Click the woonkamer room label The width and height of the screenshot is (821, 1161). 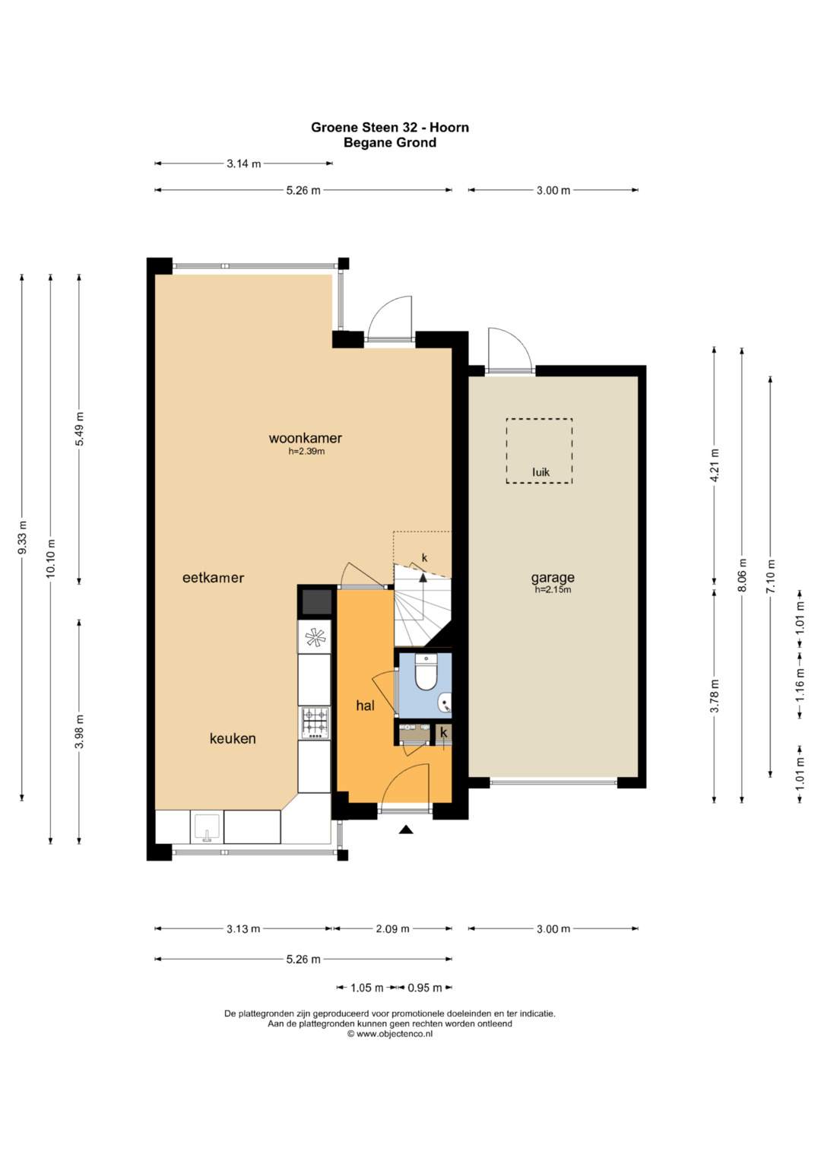306,438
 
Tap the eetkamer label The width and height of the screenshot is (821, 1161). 213,577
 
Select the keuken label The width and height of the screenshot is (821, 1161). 233,738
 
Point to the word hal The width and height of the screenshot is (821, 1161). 365,705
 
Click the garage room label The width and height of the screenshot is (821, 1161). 553,577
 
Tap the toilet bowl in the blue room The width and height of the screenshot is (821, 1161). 426,672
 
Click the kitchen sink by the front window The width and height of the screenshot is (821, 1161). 207,828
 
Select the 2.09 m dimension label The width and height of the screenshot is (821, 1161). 392,929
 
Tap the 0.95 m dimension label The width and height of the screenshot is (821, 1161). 424,988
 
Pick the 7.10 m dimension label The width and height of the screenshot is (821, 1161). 771,576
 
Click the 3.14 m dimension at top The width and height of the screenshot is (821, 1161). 243,163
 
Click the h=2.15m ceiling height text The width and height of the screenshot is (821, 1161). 553,590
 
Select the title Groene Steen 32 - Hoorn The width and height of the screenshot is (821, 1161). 390,128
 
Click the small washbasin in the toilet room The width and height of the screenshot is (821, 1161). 445,704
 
